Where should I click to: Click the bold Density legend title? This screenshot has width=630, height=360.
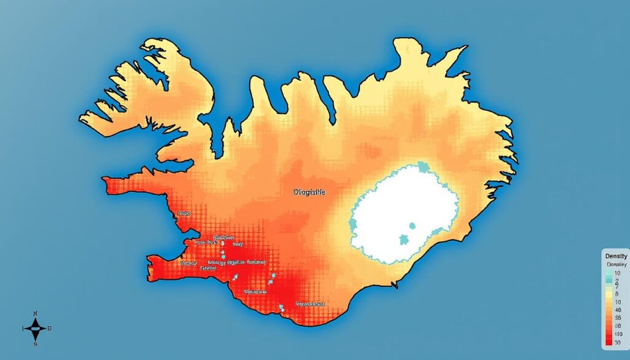coord(616,256)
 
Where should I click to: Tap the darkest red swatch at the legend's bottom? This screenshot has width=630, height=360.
coord(608,342)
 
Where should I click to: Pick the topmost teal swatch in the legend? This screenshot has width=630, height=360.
coord(608,273)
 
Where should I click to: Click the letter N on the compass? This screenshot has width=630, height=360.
coord(35,314)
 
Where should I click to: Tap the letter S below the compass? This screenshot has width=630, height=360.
coord(35,344)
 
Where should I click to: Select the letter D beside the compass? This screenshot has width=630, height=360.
coord(50,329)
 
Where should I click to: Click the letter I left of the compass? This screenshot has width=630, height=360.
coord(22,329)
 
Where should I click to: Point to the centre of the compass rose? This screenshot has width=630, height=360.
coord(35,329)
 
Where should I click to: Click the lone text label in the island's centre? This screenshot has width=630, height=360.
coord(309,192)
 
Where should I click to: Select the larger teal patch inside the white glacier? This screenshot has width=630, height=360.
coord(405,239)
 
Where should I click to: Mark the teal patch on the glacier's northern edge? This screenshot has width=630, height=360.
coord(423,166)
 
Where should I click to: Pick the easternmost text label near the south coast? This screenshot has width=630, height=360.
coord(310,304)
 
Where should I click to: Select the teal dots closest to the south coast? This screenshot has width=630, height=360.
coord(281,307)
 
